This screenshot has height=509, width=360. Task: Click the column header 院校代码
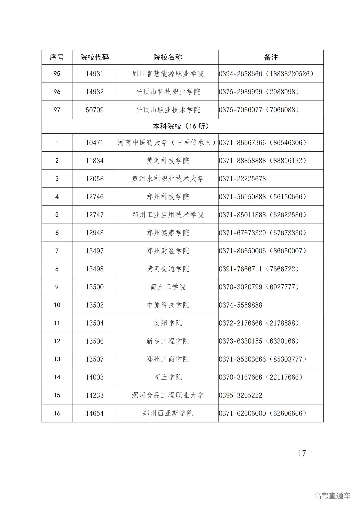point(95,57)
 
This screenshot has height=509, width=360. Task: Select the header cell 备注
point(271,57)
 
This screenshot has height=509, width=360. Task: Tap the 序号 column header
point(57,57)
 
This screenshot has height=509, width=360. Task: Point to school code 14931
point(95,74)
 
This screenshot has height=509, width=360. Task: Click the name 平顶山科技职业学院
point(168,92)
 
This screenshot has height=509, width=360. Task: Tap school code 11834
point(95,161)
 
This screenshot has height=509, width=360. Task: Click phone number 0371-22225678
point(242,179)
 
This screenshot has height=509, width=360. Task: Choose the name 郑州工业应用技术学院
point(168,215)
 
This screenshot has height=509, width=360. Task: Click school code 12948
point(95,233)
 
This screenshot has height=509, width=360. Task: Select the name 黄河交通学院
point(168,269)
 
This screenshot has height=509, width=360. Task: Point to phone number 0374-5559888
point(241,305)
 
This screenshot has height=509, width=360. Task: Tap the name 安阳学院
point(168,323)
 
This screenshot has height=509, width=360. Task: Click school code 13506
point(95,341)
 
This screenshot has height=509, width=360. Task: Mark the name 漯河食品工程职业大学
point(168,395)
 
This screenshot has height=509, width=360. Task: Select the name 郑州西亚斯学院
point(168,413)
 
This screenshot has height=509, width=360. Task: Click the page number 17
point(302,453)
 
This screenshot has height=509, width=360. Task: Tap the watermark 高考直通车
point(332,496)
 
